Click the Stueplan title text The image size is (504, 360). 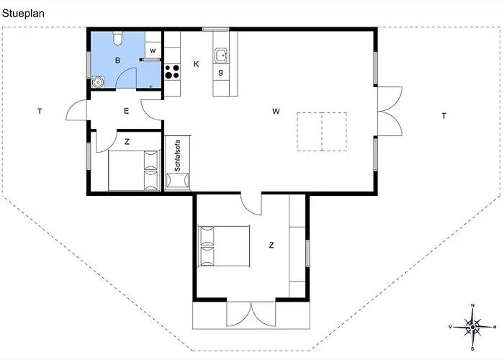pyautogui.click(x=23, y=14)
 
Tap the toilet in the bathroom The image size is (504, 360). pyautogui.click(x=117, y=38)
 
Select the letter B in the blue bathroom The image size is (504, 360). pyautogui.click(x=117, y=60)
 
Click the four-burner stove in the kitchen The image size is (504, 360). pyautogui.click(x=172, y=72)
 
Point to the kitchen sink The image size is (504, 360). pyautogui.click(x=221, y=55)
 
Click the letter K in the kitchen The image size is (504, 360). pyautogui.click(x=196, y=64)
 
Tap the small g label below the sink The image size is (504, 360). pyautogui.click(x=220, y=72)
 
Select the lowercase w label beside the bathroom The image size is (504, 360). pyautogui.click(x=153, y=50)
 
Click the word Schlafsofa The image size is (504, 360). pyautogui.click(x=177, y=156)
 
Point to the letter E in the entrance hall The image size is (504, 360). pyautogui.click(x=126, y=111)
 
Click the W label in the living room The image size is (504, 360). pyautogui.click(x=276, y=111)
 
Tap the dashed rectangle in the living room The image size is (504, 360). pyautogui.click(x=322, y=132)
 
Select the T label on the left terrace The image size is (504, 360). pyautogui.click(x=40, y=111)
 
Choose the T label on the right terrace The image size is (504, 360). pyautogui.click(x=444, y=116)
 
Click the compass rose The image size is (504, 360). pyautogui.click(x=472, y=327)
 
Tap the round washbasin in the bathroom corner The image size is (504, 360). pyautogui.click(x=98, y=82)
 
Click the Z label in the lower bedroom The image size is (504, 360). pyautogui.click(x=271, y=246)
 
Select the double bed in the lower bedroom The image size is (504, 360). pyautogui.click(x=224, y=246)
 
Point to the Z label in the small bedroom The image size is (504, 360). pyautogui.click(x=127, y=142)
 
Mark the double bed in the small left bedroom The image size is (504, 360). pyautogui.click(x=134, y=171)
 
